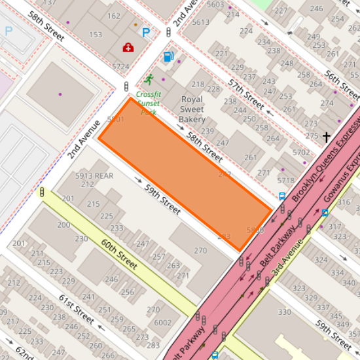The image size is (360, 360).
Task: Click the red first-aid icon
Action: pos(128,47)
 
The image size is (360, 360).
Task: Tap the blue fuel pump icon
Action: pos(168,56)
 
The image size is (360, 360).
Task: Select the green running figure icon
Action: pos(149,80)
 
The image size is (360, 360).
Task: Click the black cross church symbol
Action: pos(326,137)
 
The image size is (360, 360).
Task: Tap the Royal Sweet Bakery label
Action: pos(192,109)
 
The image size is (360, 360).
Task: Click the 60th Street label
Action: pos(120,254)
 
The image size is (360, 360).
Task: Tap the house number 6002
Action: pos(163,323)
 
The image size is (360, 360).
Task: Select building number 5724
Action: pos(120,67)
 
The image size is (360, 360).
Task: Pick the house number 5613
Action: pos(201,22)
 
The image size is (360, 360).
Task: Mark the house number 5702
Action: pos(302,153)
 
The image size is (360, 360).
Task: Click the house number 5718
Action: pos(285,180)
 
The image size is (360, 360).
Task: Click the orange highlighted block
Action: pos(185,173)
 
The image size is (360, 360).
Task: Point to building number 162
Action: pos(113,16)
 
